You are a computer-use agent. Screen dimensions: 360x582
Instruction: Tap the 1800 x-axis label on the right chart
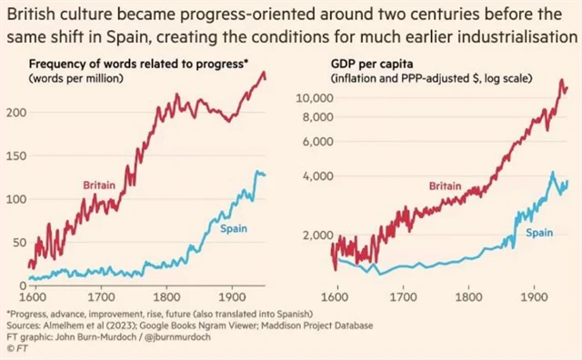[468, 296]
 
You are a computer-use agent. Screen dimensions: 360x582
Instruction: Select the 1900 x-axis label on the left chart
[230, 296]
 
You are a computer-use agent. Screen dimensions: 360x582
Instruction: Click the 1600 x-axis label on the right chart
[336, 296]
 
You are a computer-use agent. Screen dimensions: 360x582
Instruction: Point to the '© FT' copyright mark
[16, 347]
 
